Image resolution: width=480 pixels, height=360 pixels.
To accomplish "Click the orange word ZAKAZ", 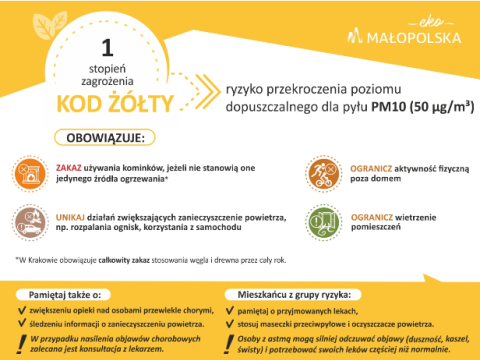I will [x=71, y=164].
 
